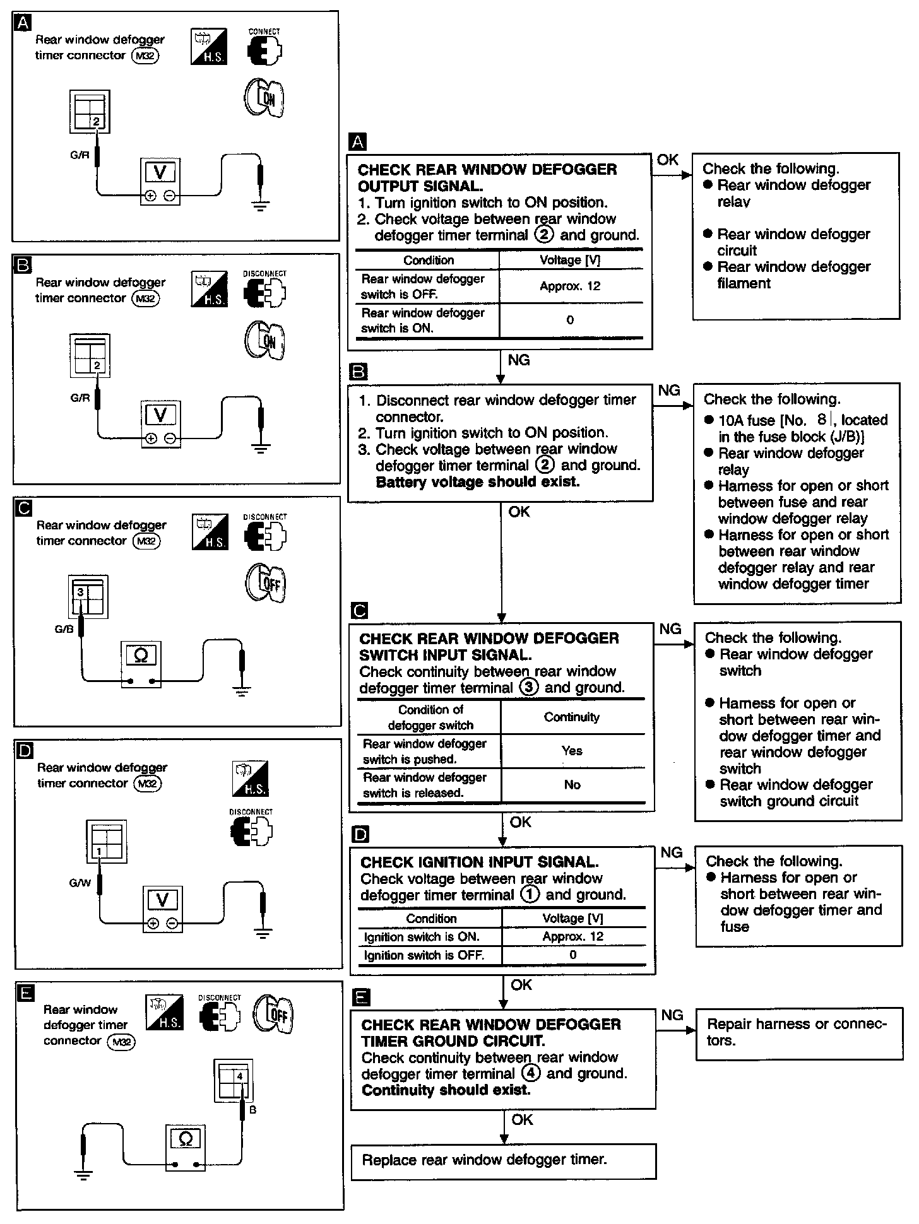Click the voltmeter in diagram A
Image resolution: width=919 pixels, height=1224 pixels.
pos(160,181)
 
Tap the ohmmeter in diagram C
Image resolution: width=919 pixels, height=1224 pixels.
pos(141,664)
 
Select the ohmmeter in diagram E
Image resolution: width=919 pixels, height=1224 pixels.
pos(186,1148)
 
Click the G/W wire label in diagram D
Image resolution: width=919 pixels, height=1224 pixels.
pos(80,883)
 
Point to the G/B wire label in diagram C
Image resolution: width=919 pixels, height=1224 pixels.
pos(64,629)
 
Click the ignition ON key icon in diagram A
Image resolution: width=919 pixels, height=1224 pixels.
pos(264,98)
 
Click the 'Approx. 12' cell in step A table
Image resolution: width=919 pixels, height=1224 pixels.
pos(570,286)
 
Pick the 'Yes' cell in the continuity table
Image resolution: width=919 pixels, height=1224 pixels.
pos(572,751)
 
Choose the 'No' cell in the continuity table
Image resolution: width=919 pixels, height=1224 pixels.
pos(572,785)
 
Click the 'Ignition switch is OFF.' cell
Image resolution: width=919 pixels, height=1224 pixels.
pos(424,955)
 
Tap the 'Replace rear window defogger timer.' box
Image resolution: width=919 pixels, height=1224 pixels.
pos(503,1160)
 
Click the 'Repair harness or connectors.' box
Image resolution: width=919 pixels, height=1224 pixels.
pos(798,1033)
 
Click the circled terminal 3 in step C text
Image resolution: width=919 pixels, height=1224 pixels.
pos(528,688)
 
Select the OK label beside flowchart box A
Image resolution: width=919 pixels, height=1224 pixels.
pos(668,160)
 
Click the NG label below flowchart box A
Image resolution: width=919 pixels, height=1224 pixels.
pos(519,360)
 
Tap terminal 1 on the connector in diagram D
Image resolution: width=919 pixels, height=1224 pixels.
pos(99,851)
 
